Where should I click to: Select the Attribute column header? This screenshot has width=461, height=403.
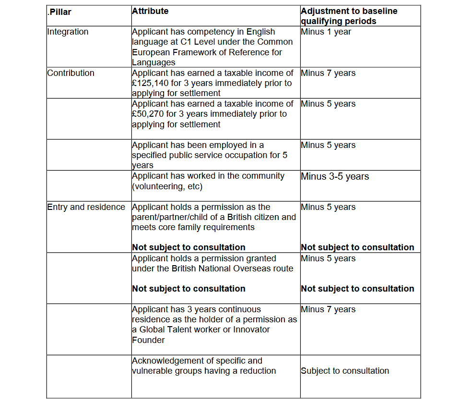click(x=150, y=11)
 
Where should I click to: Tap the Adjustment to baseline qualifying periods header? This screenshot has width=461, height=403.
click(x=349, y=16)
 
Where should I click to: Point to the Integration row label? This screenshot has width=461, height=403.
click(x=68, y=32)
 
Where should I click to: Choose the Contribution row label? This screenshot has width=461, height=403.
click(x=71, y=73)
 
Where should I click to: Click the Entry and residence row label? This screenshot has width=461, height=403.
click(x=86, y=207)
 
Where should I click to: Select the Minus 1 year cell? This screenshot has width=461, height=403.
click(x=326, y=32)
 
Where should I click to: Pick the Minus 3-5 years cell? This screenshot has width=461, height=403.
click(x=335, y=176)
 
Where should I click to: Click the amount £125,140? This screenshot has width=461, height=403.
click(x=148, y=83)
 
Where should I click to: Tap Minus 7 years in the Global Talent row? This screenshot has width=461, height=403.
click(x=328, y=310)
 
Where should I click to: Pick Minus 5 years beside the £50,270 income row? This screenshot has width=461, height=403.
click(x=328, y=104)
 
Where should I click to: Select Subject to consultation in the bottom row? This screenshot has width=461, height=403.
click(x=344, y=371)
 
